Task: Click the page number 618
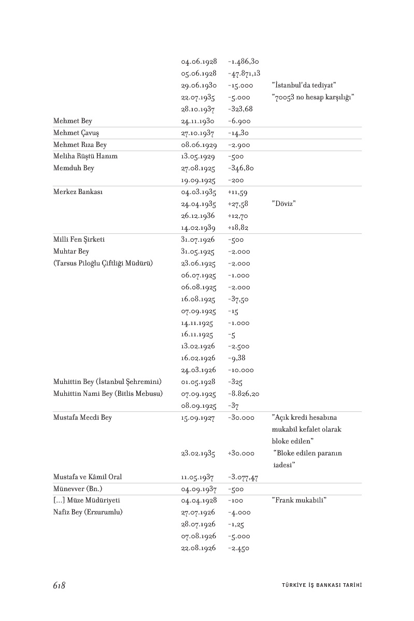click(59, 585)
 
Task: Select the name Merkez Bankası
click(78, 192)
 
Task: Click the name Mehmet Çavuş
click(75, 133)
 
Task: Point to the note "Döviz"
click(283, 204)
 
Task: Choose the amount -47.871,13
click(244, 73)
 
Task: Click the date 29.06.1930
click(199, 85)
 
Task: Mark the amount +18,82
click(238, 228)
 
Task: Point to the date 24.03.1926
click(199, 371)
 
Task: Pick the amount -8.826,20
click(244, 394)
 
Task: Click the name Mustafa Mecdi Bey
click(82, 418)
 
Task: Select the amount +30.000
click(240, 453)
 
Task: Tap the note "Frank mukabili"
click(299, 501)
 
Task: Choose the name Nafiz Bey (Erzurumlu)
click(88, 513)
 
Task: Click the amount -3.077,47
click(243, 477)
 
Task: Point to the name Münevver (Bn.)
click(78, 489)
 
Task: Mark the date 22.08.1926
click(199, 548)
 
